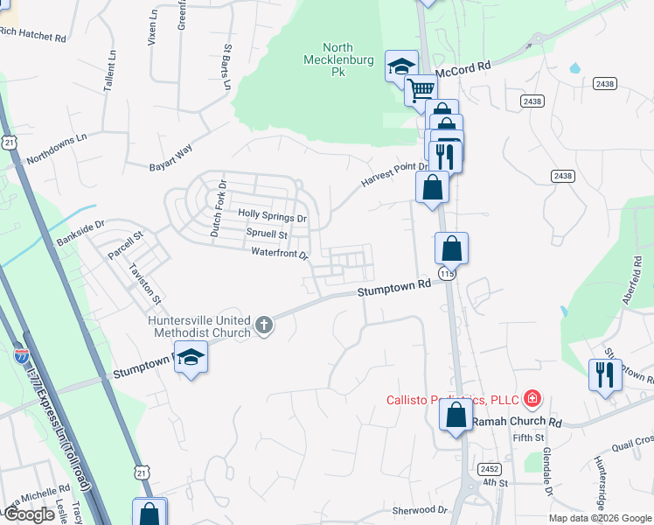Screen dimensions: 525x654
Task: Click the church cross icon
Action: (264, 326)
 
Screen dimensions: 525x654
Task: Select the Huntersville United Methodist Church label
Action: (199, 325)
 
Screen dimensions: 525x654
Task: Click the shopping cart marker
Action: (421, 87)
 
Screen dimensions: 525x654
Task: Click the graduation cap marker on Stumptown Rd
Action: (191, 357)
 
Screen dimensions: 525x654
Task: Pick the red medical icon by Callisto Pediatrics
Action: (531, 400)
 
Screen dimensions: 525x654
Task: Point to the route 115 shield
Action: (449, 274)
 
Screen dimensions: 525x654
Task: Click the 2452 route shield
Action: (490, 469)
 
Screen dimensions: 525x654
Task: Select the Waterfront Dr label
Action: (280, 254)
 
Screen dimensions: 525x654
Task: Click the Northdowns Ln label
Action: (57, 149)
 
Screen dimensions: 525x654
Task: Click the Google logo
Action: (29, 514)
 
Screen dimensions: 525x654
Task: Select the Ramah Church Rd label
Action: (516, 422)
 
